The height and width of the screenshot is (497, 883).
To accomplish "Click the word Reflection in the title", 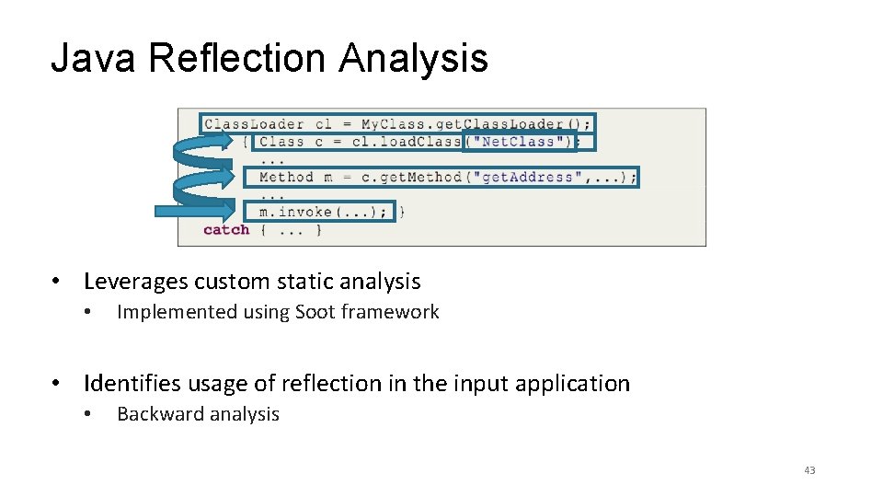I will pyautogui.click(x=237, y=59).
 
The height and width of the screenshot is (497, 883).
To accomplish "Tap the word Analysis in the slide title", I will pyautogui.click(x=413, y=59).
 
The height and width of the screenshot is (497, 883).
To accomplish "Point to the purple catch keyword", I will pyautogui.click(x=226, y=230).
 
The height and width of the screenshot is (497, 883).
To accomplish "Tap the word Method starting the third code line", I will pyautogui.click(x=286, y=177).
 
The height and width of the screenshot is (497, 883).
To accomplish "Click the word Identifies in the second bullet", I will pyautogui.click(x=131, y=383).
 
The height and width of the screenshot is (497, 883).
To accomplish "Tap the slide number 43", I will pyautogui.click(x=809, y=471).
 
